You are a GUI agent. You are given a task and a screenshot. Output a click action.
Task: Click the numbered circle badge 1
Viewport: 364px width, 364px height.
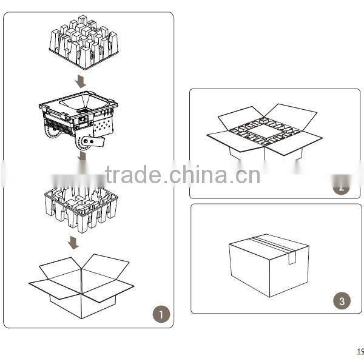click(161, 314)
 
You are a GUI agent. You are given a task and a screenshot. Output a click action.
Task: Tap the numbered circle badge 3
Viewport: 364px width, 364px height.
click(342, 300)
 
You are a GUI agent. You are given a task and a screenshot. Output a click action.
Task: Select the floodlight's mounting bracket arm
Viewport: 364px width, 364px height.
click(93, 142)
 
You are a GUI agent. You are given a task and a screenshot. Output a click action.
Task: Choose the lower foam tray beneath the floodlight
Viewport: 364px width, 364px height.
click(81, 206)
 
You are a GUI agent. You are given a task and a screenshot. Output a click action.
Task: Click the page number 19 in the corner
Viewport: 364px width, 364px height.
click(359, 351)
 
